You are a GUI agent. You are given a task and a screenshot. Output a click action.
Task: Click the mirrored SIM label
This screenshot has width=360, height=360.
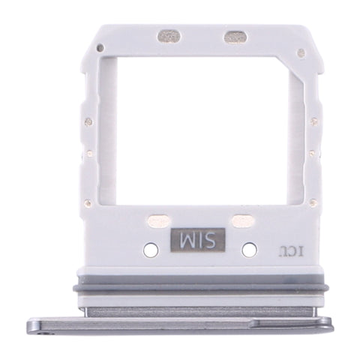195,241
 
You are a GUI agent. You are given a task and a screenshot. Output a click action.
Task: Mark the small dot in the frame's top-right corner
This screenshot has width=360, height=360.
301,53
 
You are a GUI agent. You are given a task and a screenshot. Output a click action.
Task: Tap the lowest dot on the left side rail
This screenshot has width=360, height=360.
88,202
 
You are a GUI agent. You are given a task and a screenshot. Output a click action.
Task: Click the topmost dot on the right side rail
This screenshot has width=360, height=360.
314,121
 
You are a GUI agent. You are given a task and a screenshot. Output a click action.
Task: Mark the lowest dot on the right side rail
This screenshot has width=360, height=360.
314,201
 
